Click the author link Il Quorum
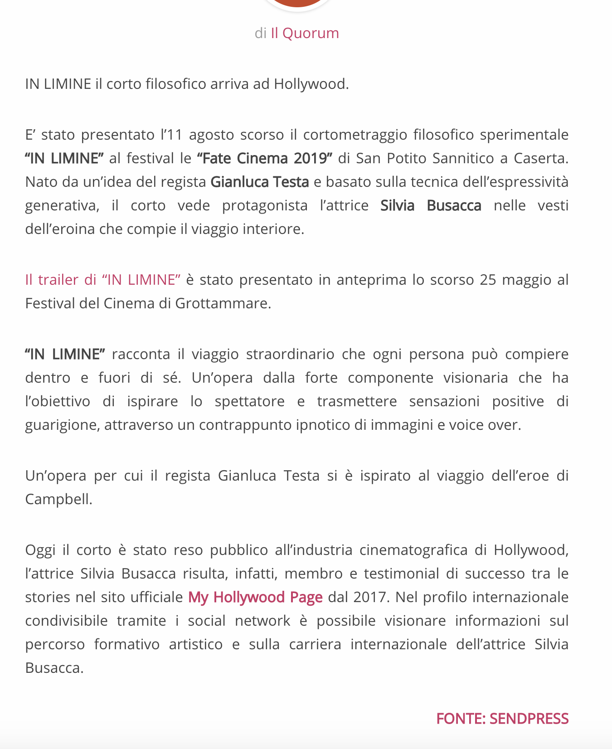305,33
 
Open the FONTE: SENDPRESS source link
502,719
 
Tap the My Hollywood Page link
255,597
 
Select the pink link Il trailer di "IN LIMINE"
103,280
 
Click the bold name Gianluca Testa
260,182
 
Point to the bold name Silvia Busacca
431,205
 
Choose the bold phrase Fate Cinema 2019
265,158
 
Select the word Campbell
58,499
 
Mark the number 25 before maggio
488,280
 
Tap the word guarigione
62,425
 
